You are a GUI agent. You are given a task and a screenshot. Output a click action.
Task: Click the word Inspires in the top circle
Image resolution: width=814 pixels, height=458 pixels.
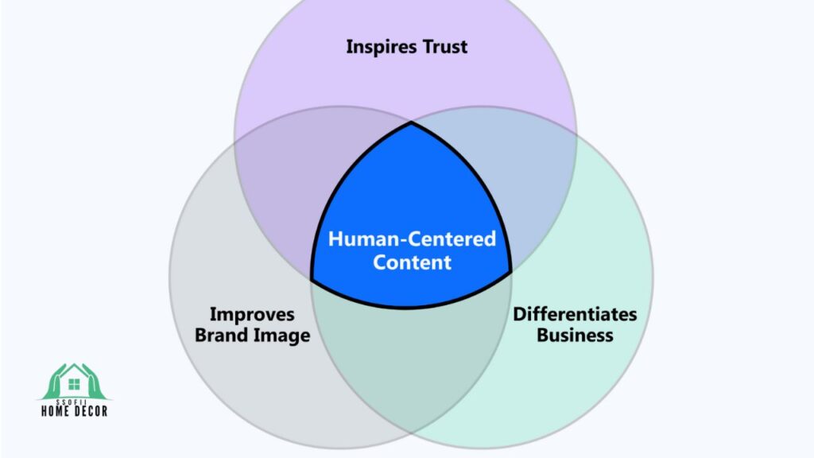pos(377,47)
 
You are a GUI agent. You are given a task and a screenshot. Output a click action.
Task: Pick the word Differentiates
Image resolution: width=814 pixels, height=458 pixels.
pos(575,313)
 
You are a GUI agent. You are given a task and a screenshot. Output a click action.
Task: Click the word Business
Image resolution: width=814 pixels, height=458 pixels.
pos(575,335)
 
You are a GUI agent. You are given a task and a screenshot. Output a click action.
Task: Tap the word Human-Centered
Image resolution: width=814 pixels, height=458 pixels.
pos(412,239)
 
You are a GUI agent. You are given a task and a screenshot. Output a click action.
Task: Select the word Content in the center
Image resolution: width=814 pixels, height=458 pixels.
pos(412,262)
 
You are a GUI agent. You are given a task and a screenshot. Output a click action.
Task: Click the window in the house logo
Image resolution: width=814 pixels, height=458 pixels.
pos(74,385)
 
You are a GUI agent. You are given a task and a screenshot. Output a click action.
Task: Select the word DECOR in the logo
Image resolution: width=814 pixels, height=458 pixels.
pos(91,411)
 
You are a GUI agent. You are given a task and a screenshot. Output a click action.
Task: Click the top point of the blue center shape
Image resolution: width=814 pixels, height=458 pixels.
pos(412,123)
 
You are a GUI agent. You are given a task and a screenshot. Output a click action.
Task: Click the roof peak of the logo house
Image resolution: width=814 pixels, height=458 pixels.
pos(74,367)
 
